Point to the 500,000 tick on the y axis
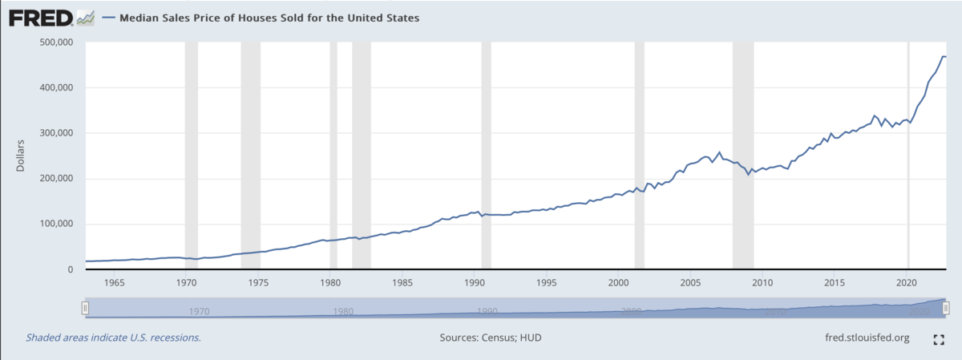[56, 42]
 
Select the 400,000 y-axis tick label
[56, 87]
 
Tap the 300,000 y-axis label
[56, 133]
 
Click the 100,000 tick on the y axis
[56, 224]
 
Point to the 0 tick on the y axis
[71, 270]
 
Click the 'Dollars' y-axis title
[21, 156]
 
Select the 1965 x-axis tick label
[114, 283]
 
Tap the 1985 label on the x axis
[402, 283]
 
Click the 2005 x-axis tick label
[690, 283]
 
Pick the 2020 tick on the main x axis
[907, 283]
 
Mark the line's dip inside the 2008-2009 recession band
[749, 173]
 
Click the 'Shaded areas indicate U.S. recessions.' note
[113, 338]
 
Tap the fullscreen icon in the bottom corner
[940, 339]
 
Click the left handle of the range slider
[84, 308]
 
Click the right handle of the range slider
[946, 308]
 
